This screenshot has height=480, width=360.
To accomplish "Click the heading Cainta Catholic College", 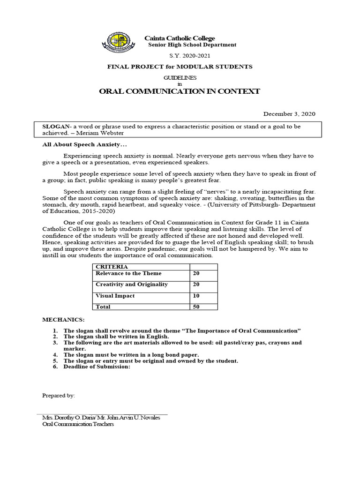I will (179, 38).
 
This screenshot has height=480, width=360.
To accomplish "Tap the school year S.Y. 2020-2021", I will (180, 56).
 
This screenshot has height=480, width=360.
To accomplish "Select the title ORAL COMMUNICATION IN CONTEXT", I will (180, 91).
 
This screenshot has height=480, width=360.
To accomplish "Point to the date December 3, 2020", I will (289, 113).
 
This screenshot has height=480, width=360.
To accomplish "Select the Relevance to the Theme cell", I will (128, 273).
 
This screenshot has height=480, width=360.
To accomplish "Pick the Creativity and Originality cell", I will (131, 285).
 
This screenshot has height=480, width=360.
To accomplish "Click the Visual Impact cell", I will (115, 296).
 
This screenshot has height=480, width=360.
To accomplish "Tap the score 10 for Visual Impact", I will (196, 296).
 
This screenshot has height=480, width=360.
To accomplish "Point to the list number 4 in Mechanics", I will (55, 355).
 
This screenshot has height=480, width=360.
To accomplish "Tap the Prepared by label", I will (59, 396).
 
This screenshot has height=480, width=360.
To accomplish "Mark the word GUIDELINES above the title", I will (180, 78).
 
